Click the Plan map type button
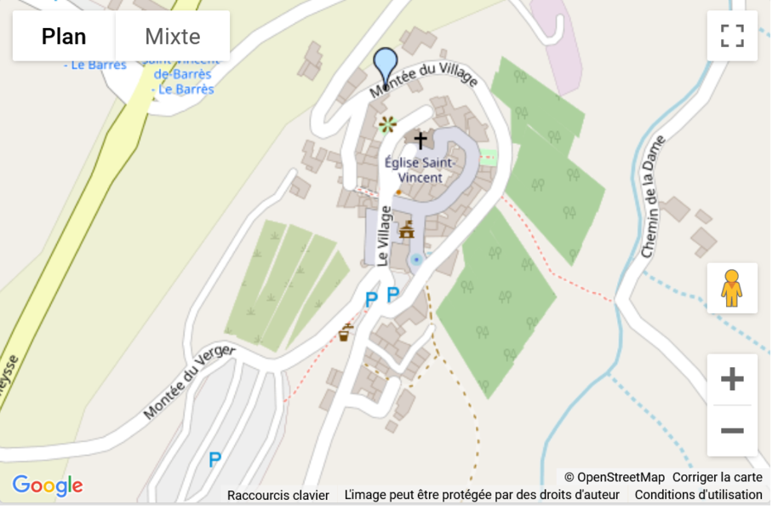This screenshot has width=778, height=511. point(64,37)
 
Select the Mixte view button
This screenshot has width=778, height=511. point(173,37)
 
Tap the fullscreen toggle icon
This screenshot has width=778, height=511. point(732,36)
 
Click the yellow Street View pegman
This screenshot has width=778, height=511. point(732,289)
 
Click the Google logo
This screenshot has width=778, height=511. point(48,486)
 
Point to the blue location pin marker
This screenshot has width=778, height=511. point(386,65)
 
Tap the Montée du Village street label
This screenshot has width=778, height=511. point(423,80)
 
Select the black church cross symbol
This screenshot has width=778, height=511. point(420,140)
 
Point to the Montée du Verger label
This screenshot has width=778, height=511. point(188,382)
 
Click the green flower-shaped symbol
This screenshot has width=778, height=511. point(387,125)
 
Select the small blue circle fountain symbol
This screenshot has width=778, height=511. point(415,259)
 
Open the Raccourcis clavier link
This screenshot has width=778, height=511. point(278,495)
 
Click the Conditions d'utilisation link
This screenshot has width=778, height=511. point(698,495)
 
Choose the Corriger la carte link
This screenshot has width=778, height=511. point(717,477)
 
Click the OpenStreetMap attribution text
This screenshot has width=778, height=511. point(614,477)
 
